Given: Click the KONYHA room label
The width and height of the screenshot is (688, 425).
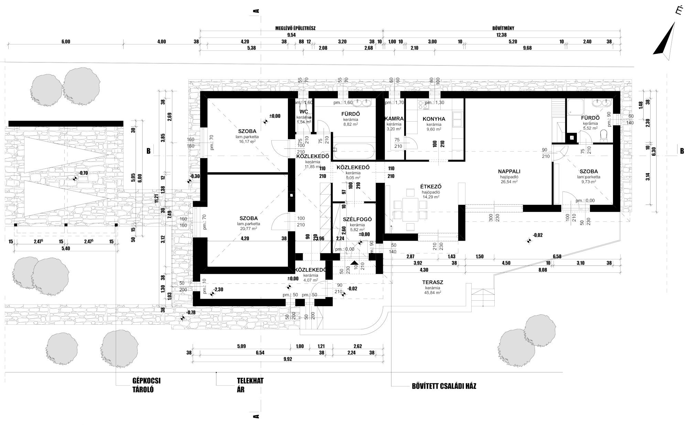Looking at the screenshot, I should [x=434, y=119].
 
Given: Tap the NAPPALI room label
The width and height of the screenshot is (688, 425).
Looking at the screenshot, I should [x=509, y=171].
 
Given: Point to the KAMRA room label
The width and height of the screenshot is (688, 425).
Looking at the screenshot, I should [x=394, y=119].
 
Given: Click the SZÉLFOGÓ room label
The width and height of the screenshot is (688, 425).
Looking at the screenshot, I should [x=357, y=219].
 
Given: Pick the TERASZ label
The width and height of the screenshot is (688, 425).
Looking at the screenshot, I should [x=432, y=282].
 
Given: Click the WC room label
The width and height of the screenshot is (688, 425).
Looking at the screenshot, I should [x=303, y=112].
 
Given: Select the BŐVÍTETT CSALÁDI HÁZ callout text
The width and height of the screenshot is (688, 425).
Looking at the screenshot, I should [x=444, y=386].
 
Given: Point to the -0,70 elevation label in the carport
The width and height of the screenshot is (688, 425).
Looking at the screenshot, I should [x=83, y=173].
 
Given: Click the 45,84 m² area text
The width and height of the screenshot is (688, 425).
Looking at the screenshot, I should [x=432, y=292].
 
